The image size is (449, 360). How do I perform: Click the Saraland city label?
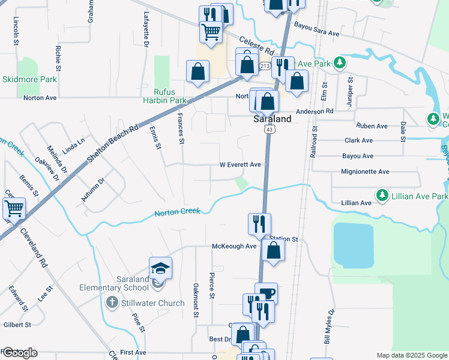(271, 119)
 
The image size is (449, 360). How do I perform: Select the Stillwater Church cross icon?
(112, 303)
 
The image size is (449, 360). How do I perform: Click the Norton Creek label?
(177, 212)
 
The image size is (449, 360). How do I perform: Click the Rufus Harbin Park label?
(165, 96)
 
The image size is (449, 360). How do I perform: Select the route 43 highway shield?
(271, 130)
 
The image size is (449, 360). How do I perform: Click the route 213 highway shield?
(265, 65)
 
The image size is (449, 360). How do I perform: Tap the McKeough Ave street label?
(234, 247)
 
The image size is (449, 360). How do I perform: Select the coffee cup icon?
(266, 293)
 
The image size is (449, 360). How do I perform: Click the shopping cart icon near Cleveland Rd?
(14, 209)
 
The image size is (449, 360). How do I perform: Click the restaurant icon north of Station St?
(259, 224)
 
